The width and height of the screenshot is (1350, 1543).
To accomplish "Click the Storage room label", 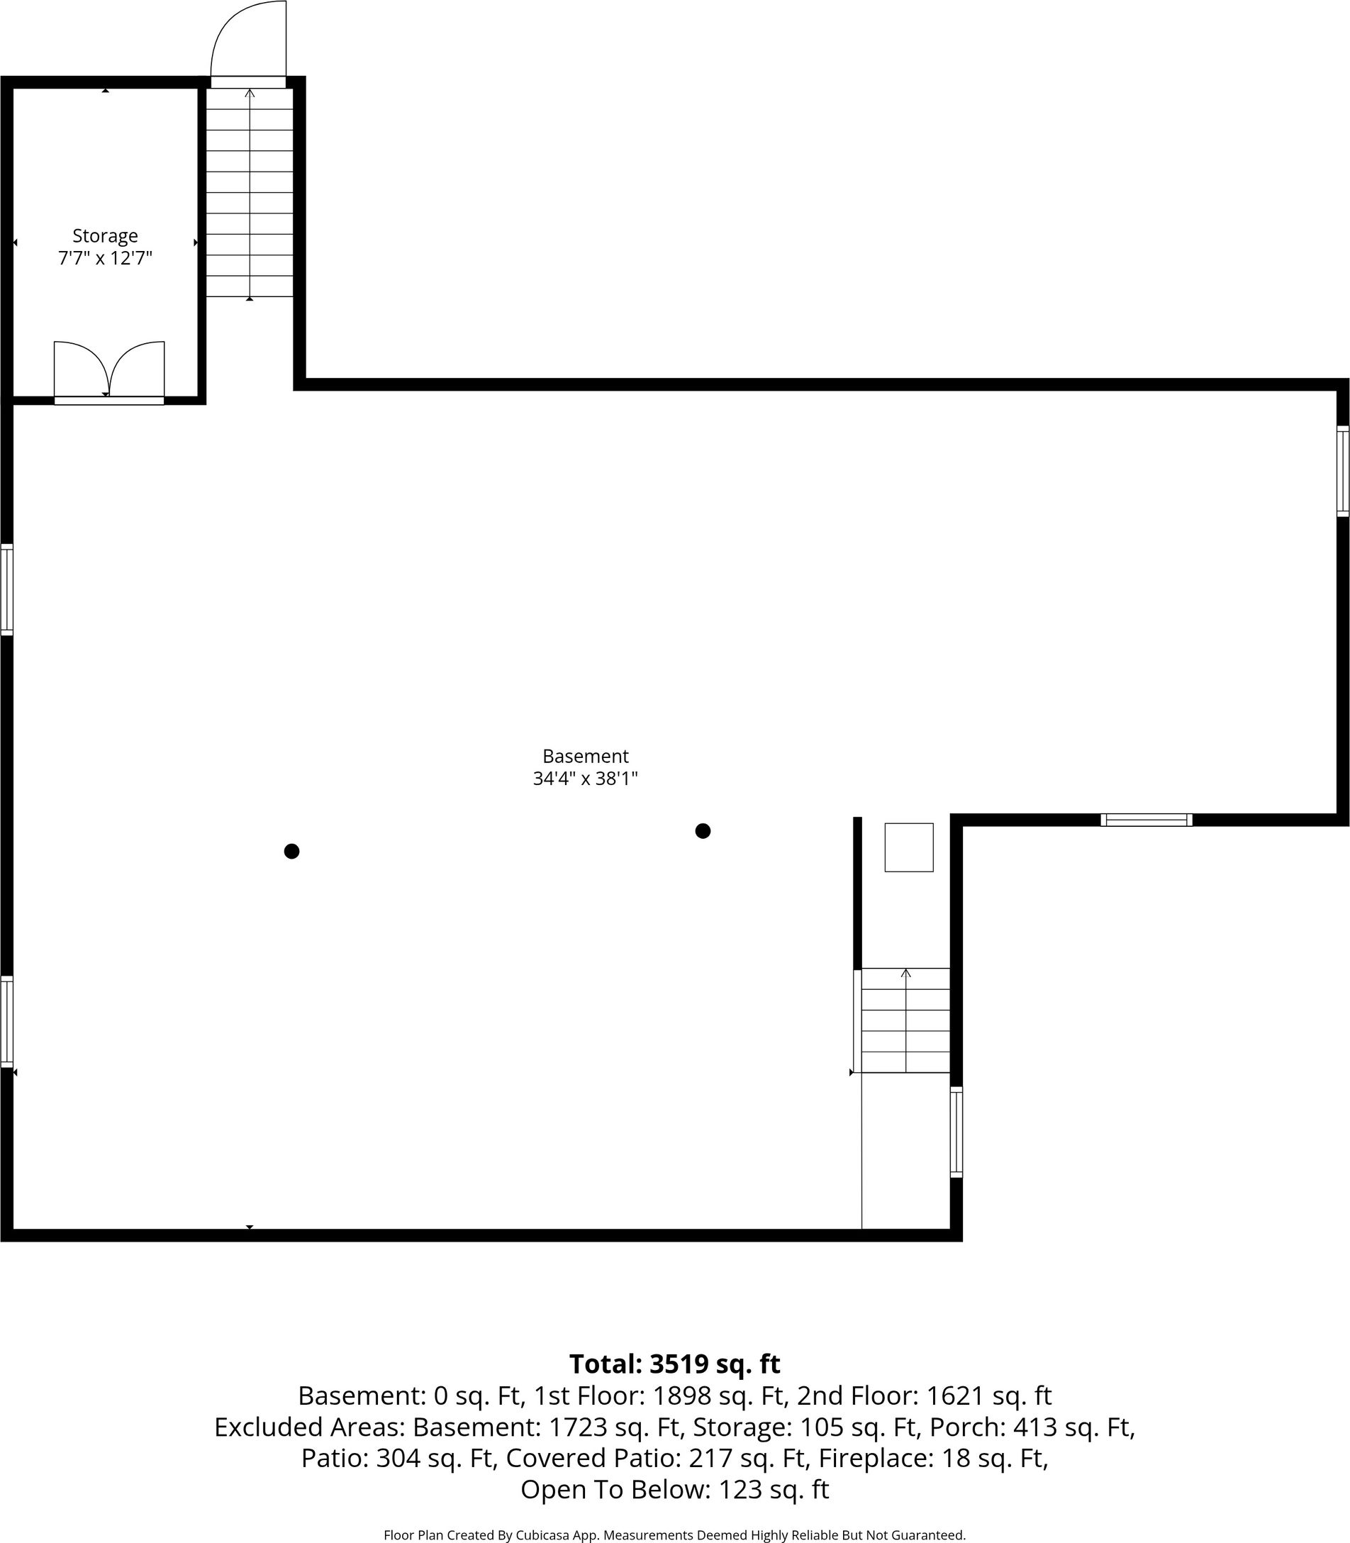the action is pos(105,236).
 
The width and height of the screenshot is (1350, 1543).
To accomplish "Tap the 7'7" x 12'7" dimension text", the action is pos(106,258).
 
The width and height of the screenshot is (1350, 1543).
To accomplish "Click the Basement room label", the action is pos(586,756).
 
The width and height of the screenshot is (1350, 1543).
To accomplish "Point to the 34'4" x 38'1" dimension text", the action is pos(586,779).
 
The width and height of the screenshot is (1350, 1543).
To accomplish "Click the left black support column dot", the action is pos(291,852).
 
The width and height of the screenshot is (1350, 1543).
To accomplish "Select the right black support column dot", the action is pos(703,831).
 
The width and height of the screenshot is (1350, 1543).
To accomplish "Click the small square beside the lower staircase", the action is pos(908,847).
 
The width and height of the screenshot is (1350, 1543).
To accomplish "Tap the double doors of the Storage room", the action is pos(109,371).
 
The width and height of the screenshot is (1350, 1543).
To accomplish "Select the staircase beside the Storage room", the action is pos(250,192).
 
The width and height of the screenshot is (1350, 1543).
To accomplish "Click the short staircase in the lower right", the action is pos(905,1020).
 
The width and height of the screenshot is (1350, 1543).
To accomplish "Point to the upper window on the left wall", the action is pos(7,589).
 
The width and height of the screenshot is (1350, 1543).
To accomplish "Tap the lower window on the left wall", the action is pos(7,1022).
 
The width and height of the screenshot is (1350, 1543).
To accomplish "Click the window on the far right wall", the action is pos(1342,471).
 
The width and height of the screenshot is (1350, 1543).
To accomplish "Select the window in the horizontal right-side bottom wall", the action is pos(1146,820).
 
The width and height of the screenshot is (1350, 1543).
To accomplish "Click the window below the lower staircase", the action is pos(956,1132).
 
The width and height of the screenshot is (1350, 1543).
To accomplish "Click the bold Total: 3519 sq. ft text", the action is pos(674,1364).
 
